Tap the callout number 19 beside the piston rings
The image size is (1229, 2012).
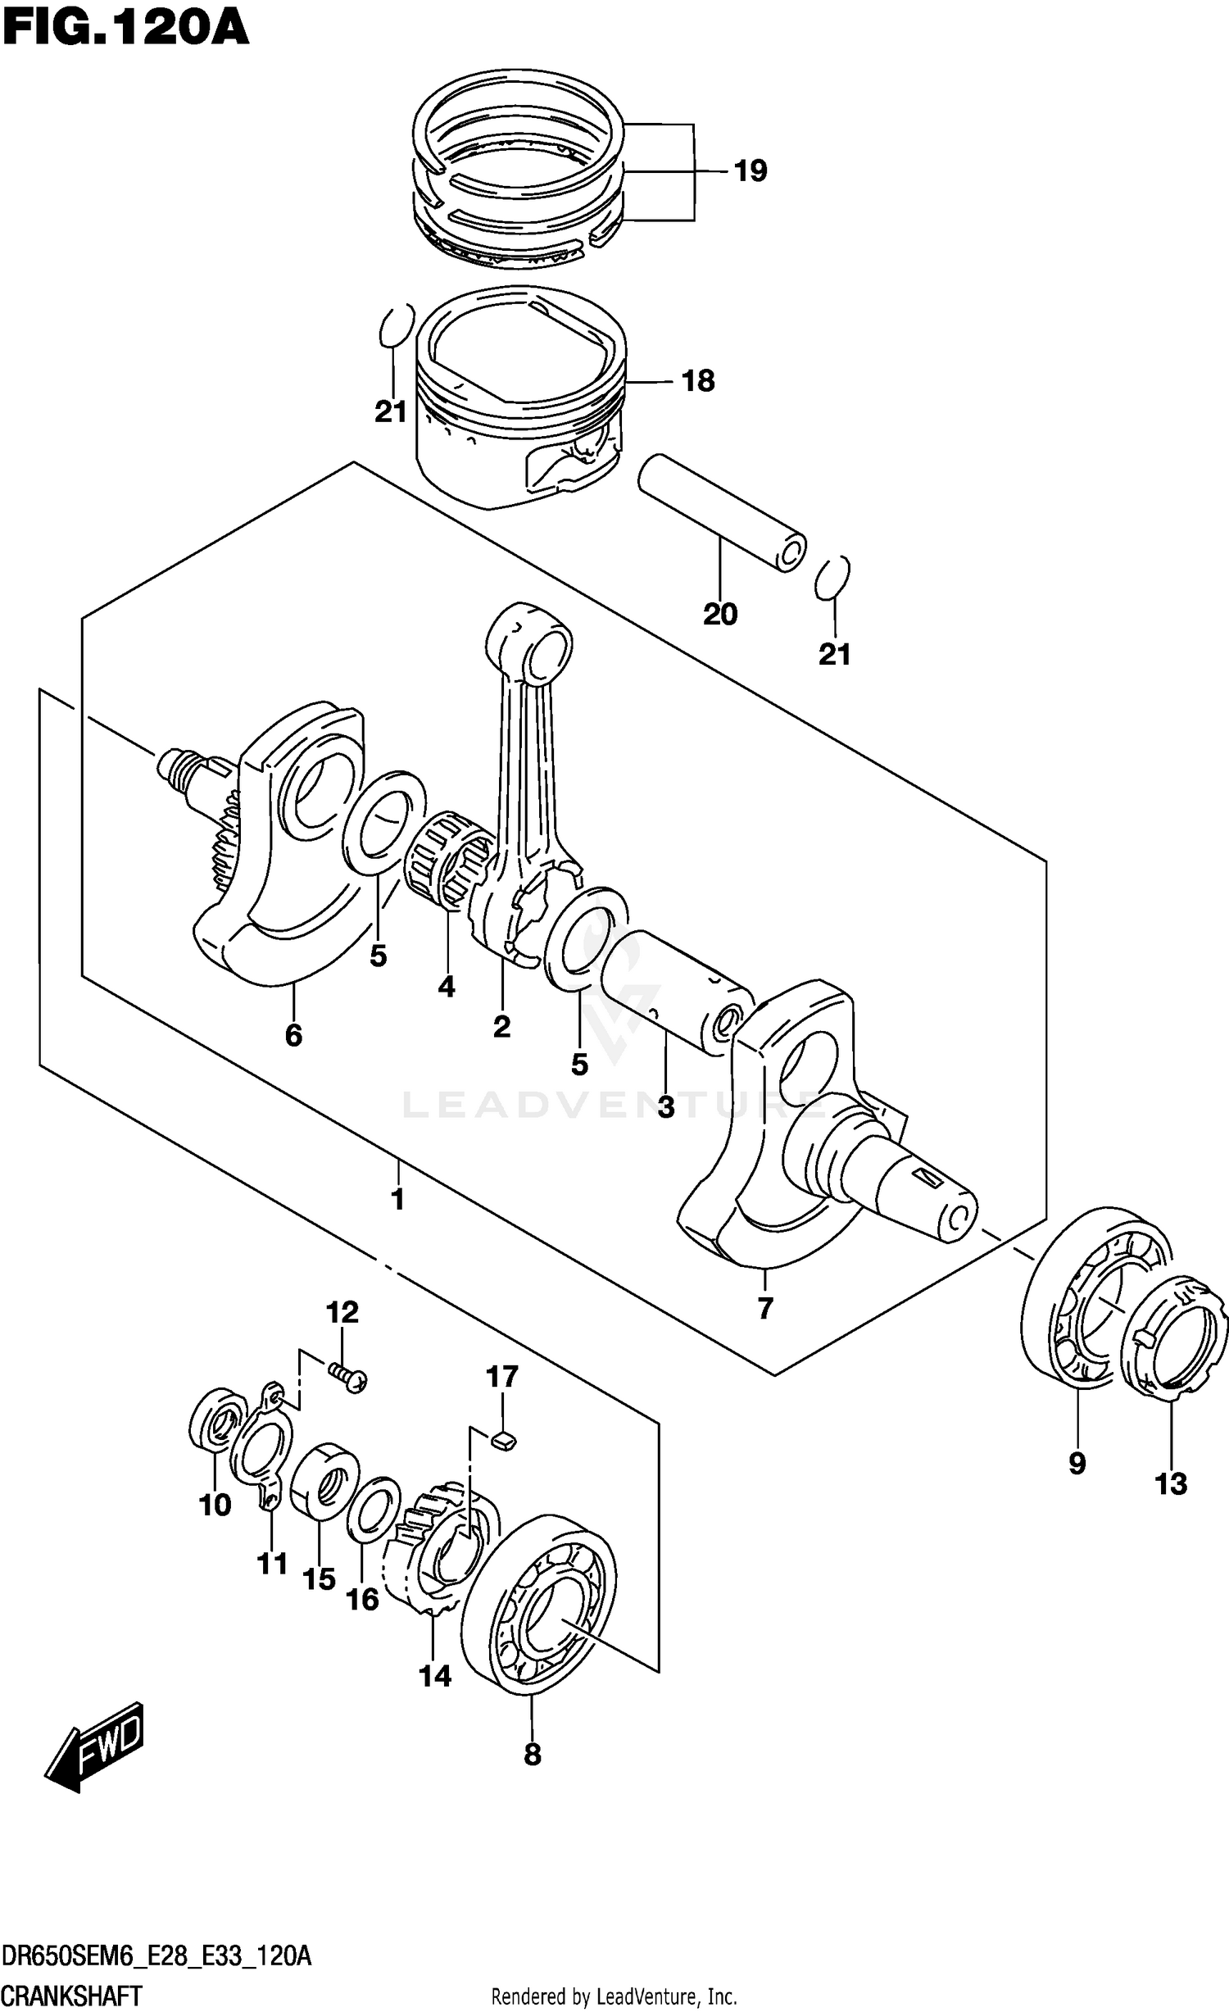750,171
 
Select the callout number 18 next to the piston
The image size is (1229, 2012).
698,381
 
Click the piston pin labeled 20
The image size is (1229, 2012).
721,512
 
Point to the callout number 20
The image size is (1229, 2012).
720,614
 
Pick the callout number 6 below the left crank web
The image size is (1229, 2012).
293,1035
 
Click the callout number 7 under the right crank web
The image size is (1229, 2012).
764,1308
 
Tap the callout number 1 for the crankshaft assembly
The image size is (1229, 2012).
397,1200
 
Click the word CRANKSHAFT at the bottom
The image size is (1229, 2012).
72,1989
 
